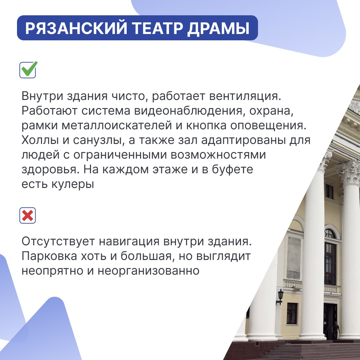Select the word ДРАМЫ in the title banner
[x=218, y=28]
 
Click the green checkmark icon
[x=28, y=69]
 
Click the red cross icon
[x=28, y=216]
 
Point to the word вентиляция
[x=245, y=96]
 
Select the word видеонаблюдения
[x=188, y=111]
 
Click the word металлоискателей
[x=117, y=125]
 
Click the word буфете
[x=232, y=169]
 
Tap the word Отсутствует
[x=58, y=242]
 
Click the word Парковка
[x=49, y=256]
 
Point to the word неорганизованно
[x=149, y=271]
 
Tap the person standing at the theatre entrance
[x=336, y=330]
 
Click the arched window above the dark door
[x=330, y=234]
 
